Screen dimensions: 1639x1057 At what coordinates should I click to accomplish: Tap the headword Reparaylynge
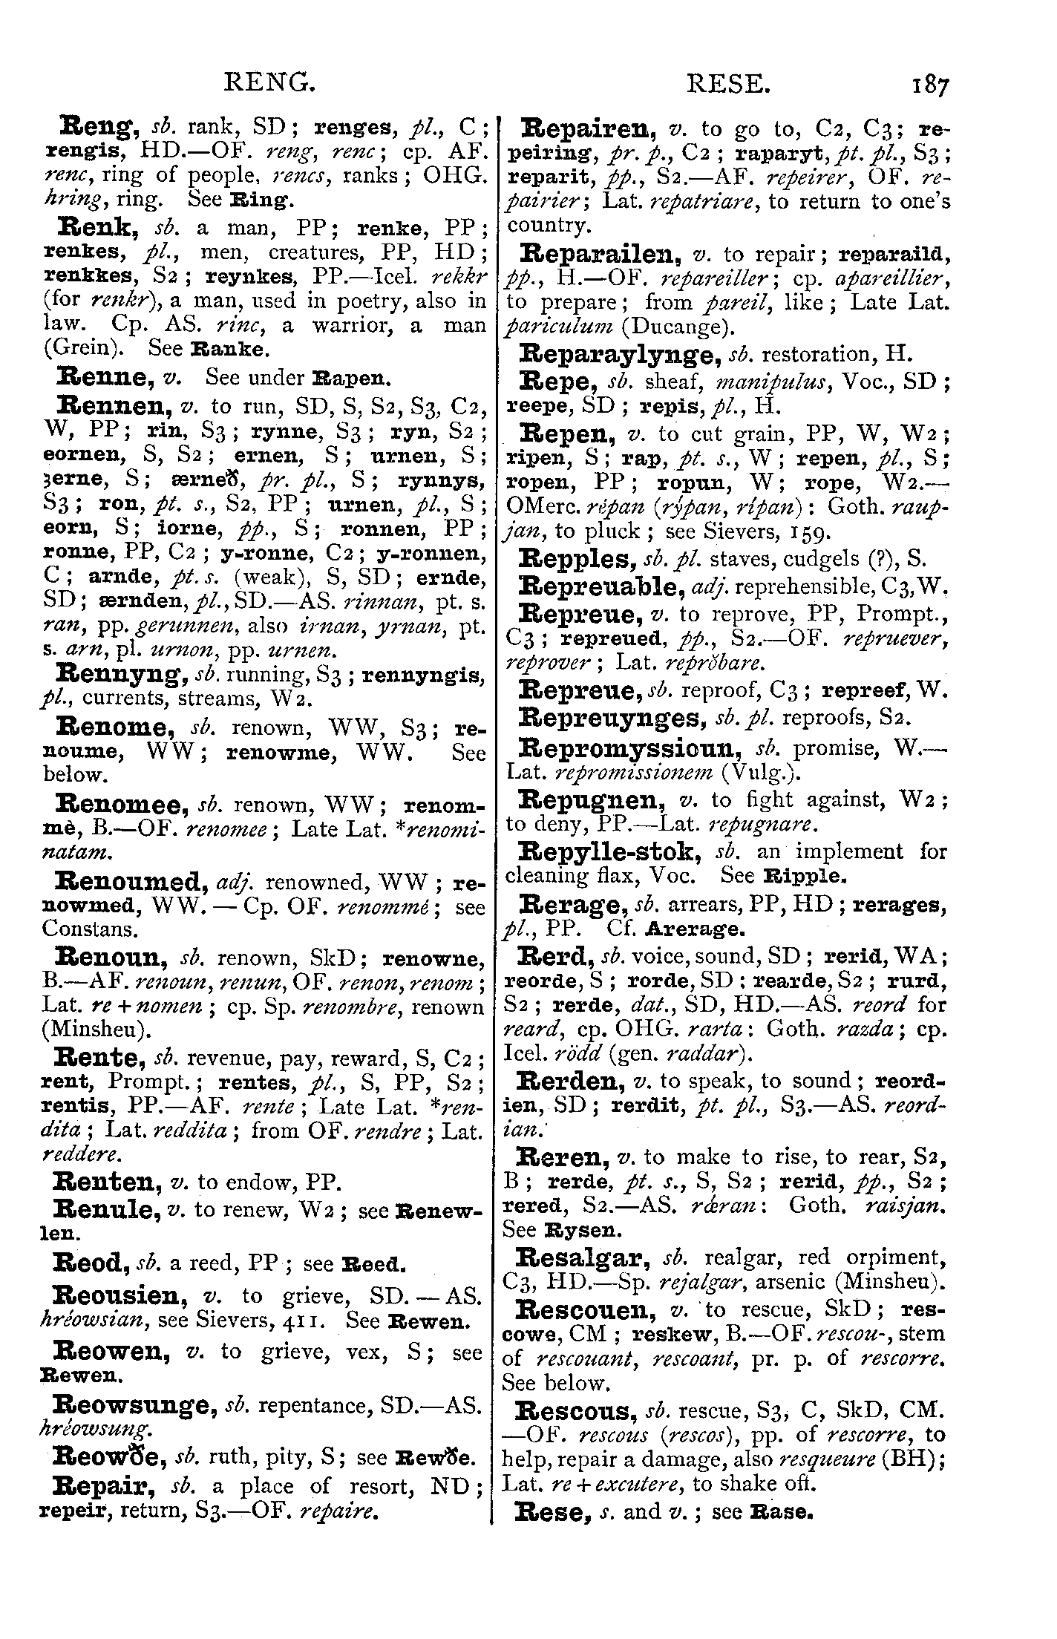(620, 354)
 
